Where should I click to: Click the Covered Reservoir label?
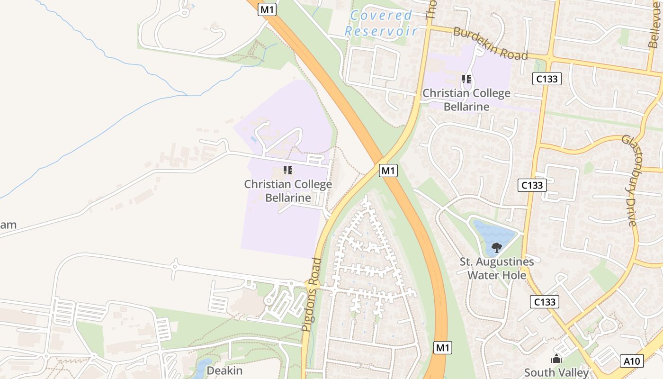click(381, 23)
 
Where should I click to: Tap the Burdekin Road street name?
click(490, 43)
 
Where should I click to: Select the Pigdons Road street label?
click(311, 294)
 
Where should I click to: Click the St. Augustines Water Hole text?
click(497, 268)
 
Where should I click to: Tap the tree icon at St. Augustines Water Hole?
click(496, 247)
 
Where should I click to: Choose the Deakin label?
click(224, 370)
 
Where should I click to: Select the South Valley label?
click(556, 372)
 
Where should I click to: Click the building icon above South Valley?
click(556, 359)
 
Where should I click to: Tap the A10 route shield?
click(632, 361)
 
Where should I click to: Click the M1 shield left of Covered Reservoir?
click(267, 9)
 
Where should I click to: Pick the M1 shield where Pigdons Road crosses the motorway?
click(388, 171)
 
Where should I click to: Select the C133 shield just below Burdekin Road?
click(547, 79)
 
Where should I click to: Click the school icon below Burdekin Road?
click(466, 79)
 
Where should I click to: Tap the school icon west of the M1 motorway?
click(288, 170)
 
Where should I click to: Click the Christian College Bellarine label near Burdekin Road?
click(466, 99)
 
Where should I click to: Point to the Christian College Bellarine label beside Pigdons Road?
click(288, 190)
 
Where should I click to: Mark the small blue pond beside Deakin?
click(202, 367)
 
